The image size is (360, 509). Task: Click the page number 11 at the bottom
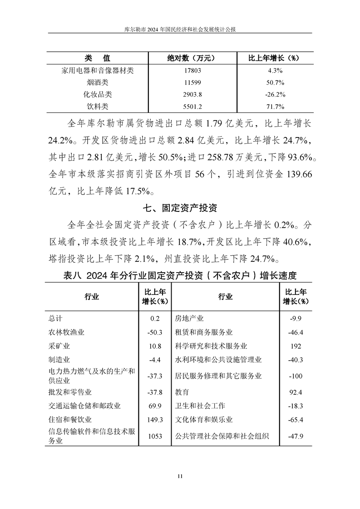pos(180,476)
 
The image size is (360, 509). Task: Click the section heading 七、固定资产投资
pos(180,208)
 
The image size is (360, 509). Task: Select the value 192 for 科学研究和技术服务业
pos(296,346)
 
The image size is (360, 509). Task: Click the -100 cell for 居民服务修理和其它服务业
pos(296,376)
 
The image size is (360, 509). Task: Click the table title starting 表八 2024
pos(179,275)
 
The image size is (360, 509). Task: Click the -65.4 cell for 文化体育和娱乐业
pos(296,420)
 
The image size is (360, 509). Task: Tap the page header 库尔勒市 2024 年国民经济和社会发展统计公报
pos(180,28)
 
